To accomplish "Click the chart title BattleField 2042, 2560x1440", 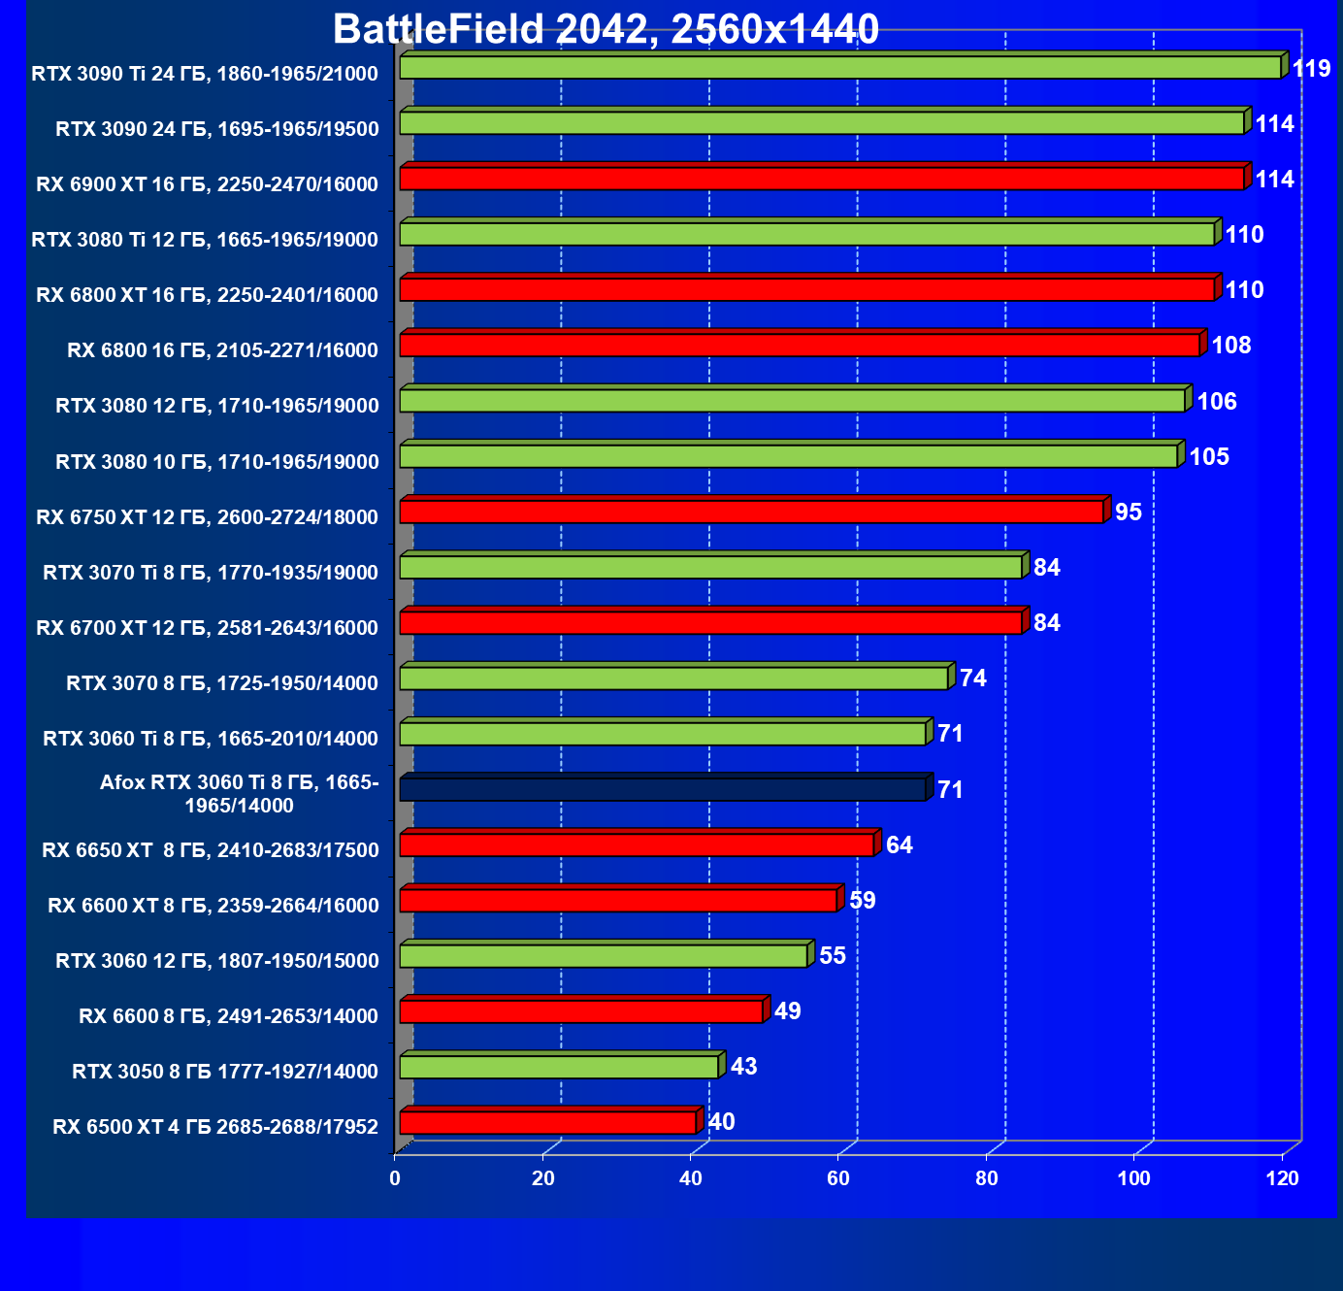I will coord(606,29).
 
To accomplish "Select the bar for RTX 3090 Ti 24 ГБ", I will coord(840,67).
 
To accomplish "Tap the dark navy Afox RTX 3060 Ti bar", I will coord(663,789).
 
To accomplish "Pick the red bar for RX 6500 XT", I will coord(548,1123).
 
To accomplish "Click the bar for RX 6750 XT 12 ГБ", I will coord(752,512).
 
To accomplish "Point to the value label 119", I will coord(1311,69).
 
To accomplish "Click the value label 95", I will coord(1129,513).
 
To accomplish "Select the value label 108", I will coord(1231,346).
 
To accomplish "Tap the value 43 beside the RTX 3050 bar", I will coord(743,1067).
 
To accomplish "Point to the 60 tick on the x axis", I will coord(838,1178).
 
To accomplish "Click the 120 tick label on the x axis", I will coord(1283,1178).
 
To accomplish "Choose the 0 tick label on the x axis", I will coord(395,1178).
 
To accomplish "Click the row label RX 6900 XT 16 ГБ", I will coord(207,184).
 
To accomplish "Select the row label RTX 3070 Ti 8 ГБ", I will coord(211,573).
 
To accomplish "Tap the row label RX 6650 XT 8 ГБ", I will coord(211,850).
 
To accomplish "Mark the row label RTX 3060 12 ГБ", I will coord(217,961).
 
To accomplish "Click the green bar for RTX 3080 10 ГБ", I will coord(788,456).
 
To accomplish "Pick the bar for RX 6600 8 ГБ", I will coord(581,1011).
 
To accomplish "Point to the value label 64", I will coord(900,845).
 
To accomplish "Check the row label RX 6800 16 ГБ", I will coord(222,350).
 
